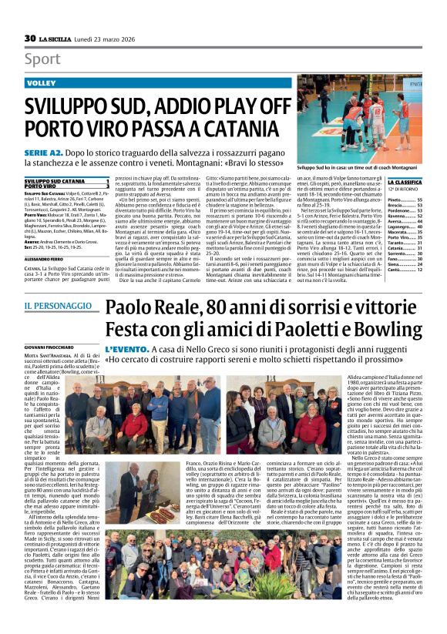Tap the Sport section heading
tap(42, 59)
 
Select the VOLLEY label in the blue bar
tap(42, 82)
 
